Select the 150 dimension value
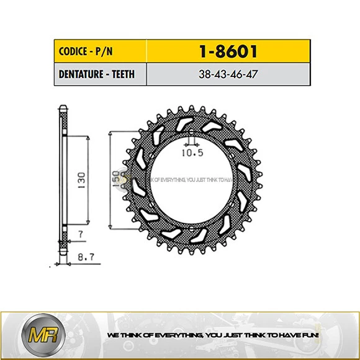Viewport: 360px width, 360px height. click(x=115, y=180)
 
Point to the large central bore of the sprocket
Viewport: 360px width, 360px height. click(x=189, y=186)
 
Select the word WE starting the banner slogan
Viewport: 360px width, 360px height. click(x=113, y=336)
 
